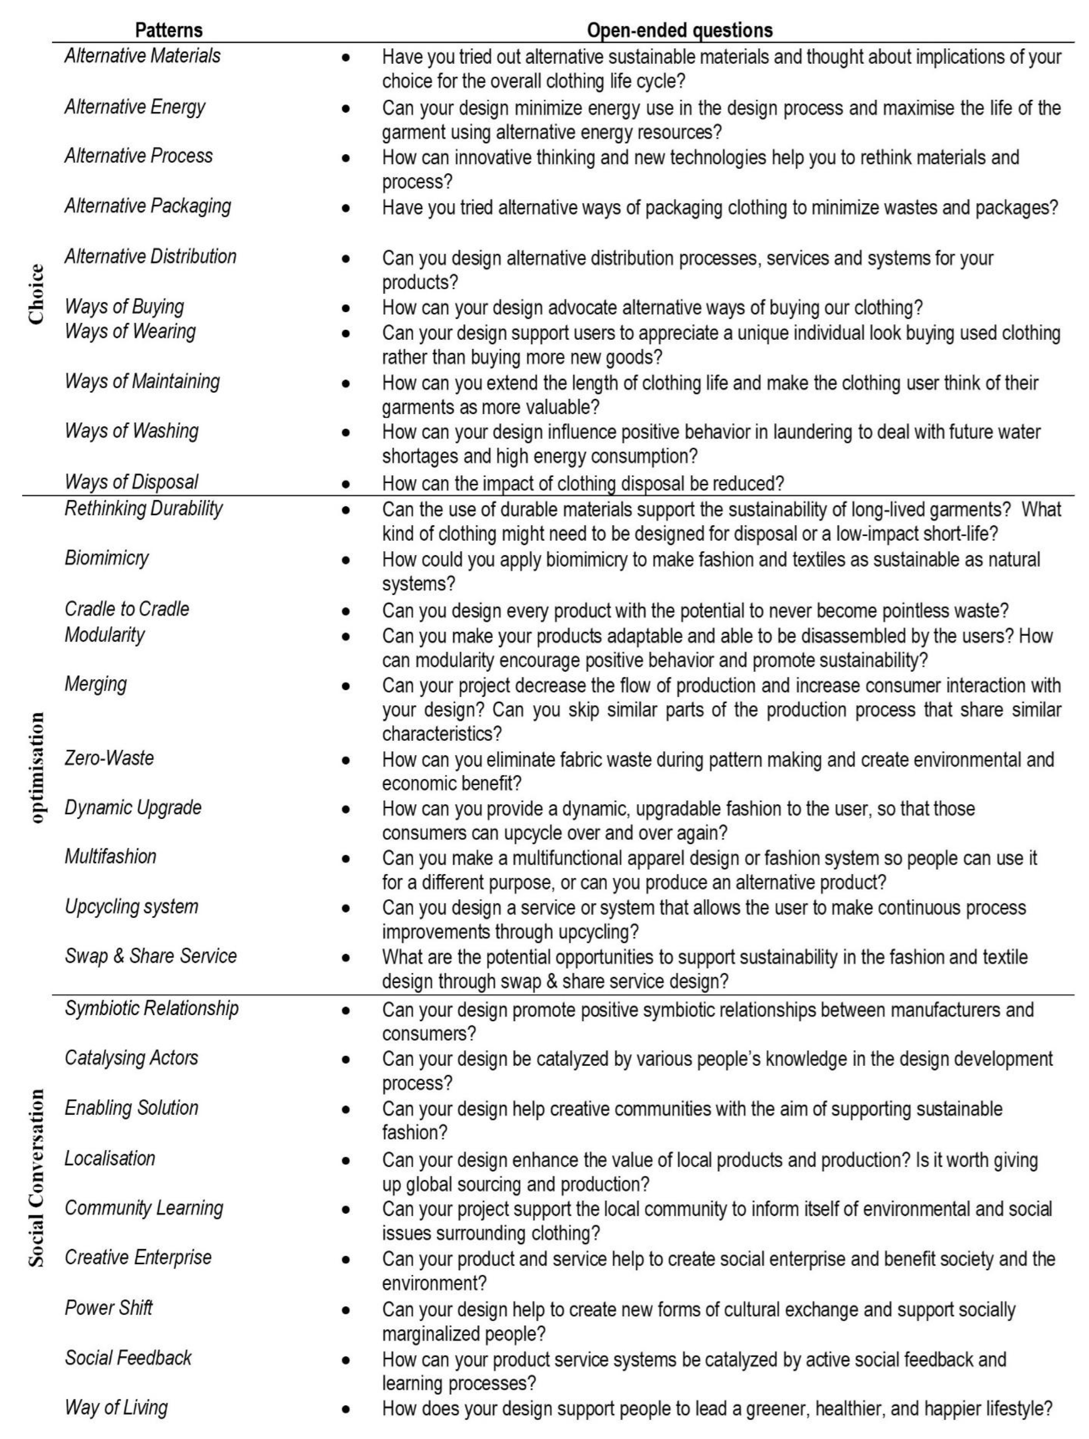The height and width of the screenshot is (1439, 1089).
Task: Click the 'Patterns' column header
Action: [x=168, y=30]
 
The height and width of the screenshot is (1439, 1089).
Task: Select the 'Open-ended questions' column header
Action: [x=679, y=30]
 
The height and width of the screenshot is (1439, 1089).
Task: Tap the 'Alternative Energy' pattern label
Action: [x=135, y=107]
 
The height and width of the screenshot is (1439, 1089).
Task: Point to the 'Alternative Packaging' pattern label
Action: [x=148, y=206]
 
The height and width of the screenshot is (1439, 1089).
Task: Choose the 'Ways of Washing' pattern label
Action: [x=131, y=431]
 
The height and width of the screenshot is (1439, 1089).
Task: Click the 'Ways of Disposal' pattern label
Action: [x=131, y=482]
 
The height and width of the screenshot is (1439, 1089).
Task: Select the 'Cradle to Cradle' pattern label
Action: [x=127, y=609]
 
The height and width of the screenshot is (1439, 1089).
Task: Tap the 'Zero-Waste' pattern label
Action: [x=109, y=758]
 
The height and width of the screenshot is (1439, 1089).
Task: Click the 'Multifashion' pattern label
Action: [x=110, y=857]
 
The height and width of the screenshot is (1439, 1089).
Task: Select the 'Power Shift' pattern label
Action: [x=109, y=1307]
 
